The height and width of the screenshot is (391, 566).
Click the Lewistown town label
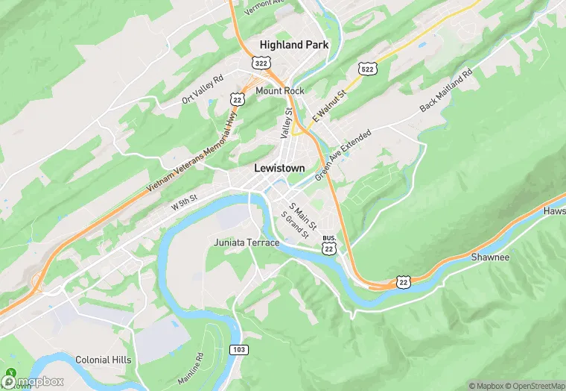pyautogui.click(x=279, y=169)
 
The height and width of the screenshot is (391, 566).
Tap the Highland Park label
pyautogui.click(x=293, y=45)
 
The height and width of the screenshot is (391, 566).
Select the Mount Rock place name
pyautogui.click(x=280, y=91)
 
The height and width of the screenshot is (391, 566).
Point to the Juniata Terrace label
pyautogui.click(x=247, y=243)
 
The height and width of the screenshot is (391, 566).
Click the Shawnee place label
pyautogui.click(x=490, y=257)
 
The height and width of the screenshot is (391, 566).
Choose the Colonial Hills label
pyautogui.click(x=103, y=360)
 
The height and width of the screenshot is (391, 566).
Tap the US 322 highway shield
pyautogui.click(x=261, y=64)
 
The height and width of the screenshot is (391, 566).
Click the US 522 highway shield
pyautogui.click(x=366, y=69)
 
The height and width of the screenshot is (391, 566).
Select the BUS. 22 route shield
pyautogui.click(x=329, y=245)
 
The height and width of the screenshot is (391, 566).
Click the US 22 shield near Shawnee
pyautogui.click(x=403, y=281)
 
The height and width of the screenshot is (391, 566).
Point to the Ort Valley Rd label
pyautogui.click(x=203, y=89)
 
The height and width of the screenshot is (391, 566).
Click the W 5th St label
pyautogui.click(x=184, y=201)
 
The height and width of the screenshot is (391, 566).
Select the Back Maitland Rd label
pyautogui.click(x=446, y=91)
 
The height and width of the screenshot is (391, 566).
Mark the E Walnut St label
pyautogui.click(x=330, y=107)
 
